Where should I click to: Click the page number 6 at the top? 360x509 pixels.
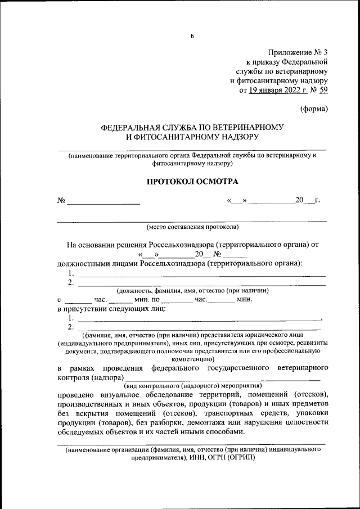(x=192, y=36)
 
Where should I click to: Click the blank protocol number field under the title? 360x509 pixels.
(x=103, y=201)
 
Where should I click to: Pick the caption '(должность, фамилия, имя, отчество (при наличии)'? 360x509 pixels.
(x=192, y=291)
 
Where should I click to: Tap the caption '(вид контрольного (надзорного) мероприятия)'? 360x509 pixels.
(x=192, y=386)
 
